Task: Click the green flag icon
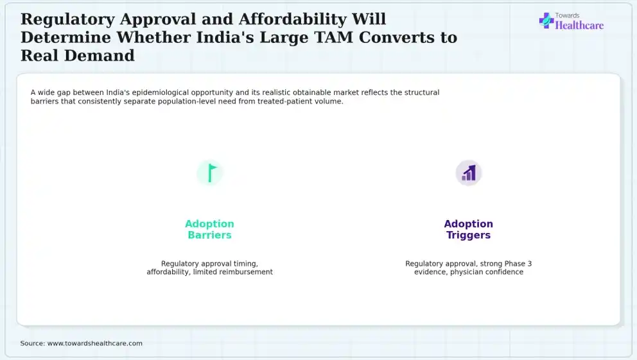click(x=211, y=173)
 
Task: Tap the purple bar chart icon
click(x=469, y=173)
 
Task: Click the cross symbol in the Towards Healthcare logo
click(x=546, y=21)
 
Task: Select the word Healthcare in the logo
click(x=579, y=26)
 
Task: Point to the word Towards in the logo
click(x=567, y=15)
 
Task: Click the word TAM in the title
click(x=334, y=37)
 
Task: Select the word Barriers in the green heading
click(x=209, y=235)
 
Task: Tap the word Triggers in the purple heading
click(x=468, y=235)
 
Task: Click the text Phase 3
click(x=518, y=263)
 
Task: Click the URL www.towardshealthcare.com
click(x=94, y=343)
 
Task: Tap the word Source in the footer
click(x=33, y=343)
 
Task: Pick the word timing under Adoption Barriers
click(x=245, y=264)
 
